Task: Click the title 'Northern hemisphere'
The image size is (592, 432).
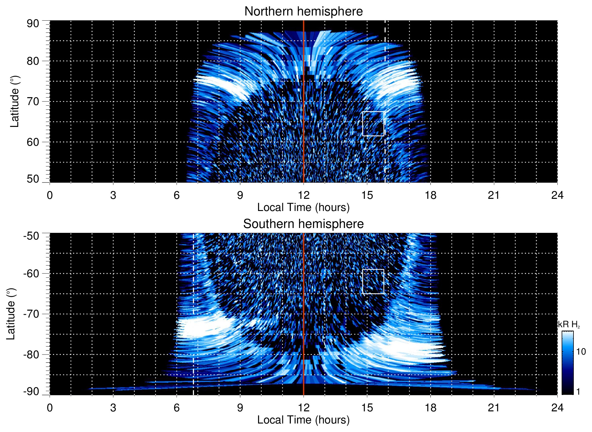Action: point(303,12)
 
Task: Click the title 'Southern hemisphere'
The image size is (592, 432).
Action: point(303,224)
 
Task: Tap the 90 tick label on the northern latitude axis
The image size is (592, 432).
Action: point(33,23)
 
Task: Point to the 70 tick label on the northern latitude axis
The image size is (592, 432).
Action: point(33,101)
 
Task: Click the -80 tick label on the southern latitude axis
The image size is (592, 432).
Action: point(31,354)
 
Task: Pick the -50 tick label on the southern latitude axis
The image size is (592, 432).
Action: point(31,236)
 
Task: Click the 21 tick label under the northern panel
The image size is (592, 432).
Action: point(494,195)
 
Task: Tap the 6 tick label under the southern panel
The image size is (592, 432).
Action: point(176,408)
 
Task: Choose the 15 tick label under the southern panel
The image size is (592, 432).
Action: point(367,408)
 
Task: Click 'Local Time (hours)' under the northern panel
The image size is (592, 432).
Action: point(303,207)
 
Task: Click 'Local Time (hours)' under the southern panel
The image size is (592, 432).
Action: point(303,420)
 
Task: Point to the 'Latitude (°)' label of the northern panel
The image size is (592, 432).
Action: point(15,101)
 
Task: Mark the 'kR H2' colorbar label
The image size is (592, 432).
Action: point(569,325)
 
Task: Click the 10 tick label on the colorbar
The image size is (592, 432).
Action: point(581,352)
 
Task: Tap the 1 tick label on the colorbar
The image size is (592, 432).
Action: point(578,392)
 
